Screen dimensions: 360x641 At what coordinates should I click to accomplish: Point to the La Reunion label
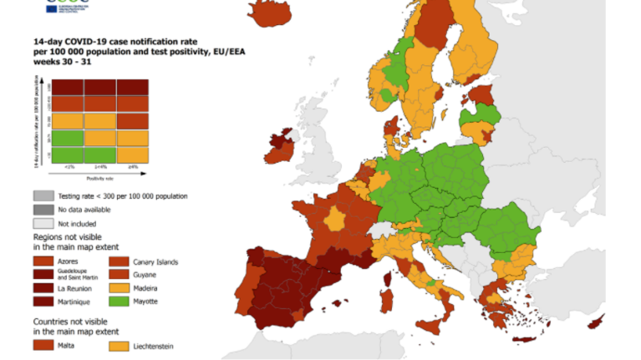coord(74,289)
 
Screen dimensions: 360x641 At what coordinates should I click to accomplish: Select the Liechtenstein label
coord(155,344)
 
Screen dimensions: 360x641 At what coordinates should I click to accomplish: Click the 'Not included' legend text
coord(77,224)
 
